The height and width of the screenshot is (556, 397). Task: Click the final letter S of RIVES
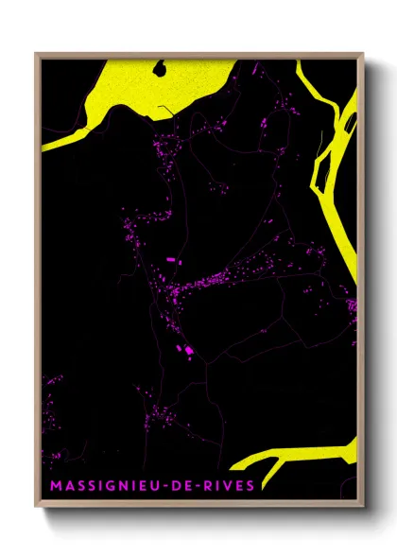coord(250,486)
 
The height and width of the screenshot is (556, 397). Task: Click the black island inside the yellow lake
coord(162,69)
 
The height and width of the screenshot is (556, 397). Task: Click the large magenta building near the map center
coord(171,258)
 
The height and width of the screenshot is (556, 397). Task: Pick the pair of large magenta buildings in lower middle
coord(189,352)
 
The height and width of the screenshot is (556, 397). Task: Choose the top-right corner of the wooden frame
coord(362,54)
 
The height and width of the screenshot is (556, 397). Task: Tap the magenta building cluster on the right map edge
coord(353,304)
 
